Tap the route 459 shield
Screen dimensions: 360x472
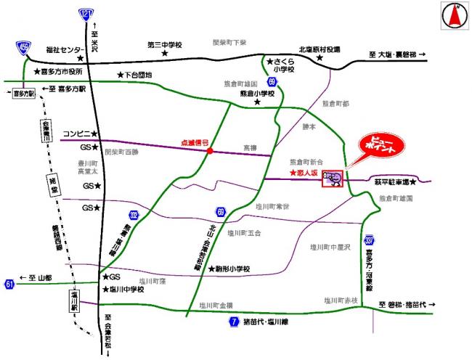click(24, 49)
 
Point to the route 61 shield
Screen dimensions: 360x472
click(9, 282)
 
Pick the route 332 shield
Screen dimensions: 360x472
click(133, 216)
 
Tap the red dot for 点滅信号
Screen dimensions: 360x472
click(210, 152)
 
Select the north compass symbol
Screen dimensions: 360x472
click(456, 16)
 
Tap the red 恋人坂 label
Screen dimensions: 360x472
click(304, 174)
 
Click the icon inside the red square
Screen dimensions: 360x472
click(333, 178)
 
